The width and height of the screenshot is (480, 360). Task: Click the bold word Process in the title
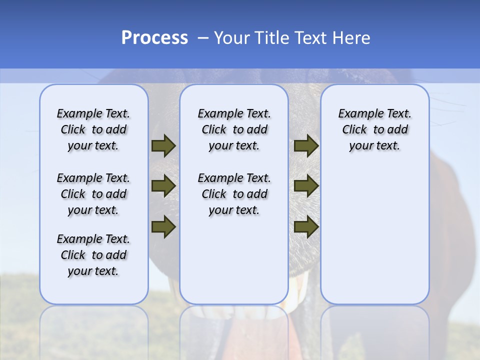tap(154, 38)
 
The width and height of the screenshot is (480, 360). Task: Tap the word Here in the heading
tap(351, 38)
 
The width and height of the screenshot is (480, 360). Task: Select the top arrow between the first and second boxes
tap(163, 146)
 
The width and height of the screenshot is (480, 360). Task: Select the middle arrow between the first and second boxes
tap(163, 186)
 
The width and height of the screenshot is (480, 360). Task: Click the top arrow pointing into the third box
tap(306, 146)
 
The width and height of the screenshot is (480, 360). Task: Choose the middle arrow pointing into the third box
tap(306, 186)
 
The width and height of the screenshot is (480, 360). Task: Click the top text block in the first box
tap(93, 129)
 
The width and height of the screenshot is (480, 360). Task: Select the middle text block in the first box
tap(93, 194)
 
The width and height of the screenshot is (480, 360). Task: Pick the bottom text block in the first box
tap(93, 255)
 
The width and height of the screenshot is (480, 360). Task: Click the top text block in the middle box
tap(234, 129)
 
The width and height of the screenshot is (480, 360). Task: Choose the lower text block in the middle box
tap(234, 194)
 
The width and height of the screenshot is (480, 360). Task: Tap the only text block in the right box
tap(374, 129)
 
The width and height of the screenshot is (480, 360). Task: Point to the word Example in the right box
tap(358, 114)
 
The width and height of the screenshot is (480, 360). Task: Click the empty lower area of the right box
tap(374, 235)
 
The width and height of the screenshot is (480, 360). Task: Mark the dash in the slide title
tap(203, 38)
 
